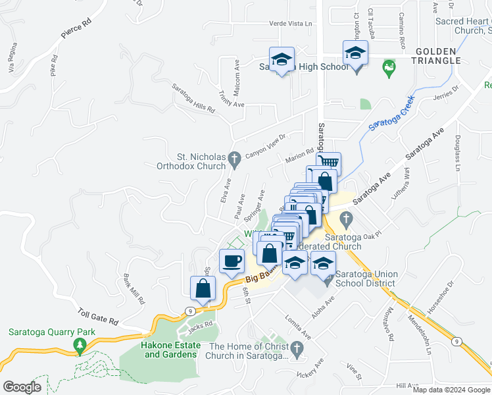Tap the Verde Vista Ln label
coord(290,24)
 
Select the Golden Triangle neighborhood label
coord(437,56)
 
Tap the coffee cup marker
coord(231,260)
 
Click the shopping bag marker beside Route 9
coord(203,288)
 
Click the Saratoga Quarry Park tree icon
coord(80,344)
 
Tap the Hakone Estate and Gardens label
coord(170,350)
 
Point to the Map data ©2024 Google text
coord(451,389)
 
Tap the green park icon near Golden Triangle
coord(389,66)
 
